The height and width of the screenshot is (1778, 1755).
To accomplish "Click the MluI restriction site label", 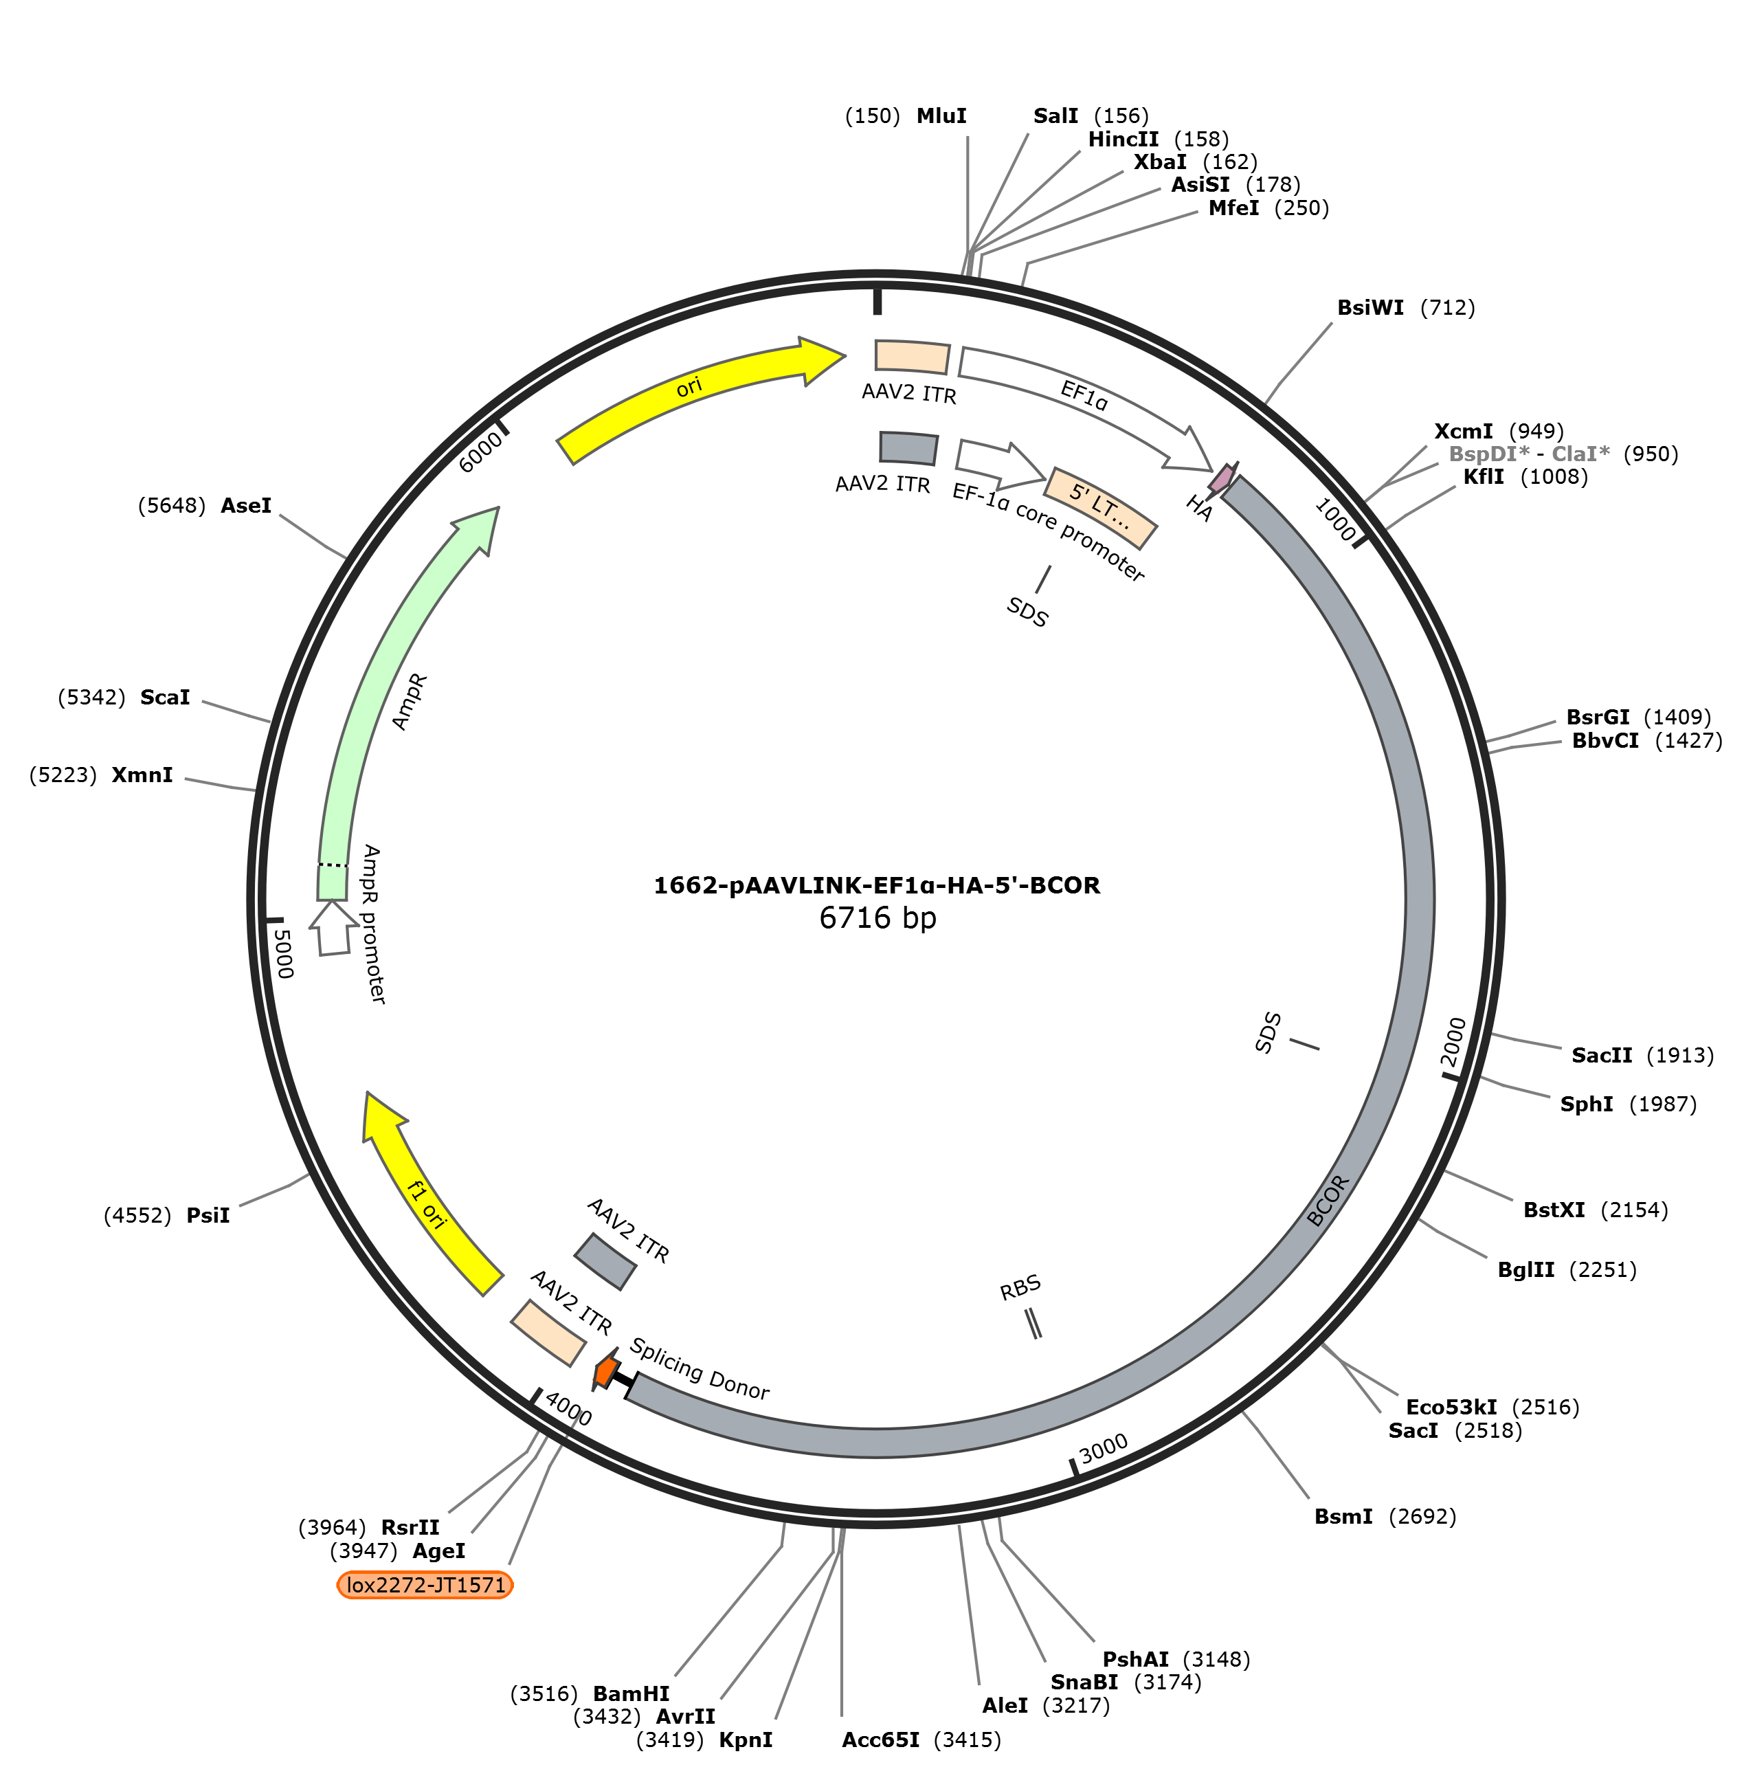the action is point(941,116).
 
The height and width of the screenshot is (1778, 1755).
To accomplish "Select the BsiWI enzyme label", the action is point(1370,307).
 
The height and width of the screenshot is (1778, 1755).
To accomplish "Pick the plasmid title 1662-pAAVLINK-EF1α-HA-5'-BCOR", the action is point(876,885).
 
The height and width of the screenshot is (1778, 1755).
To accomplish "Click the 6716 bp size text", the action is point(877,918).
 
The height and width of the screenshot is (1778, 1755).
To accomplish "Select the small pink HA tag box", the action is point(1222,478).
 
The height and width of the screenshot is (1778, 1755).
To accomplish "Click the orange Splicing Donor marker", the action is point(605,1371).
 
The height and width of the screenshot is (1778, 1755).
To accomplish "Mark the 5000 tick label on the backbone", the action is point(282,953).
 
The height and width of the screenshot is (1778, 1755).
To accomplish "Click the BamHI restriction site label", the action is point(631,1693).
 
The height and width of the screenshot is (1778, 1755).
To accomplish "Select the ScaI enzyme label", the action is point(165,697).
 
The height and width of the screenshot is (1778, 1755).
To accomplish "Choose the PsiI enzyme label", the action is point(208,1215).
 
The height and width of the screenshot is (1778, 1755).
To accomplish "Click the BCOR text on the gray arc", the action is point(1328,1200).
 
